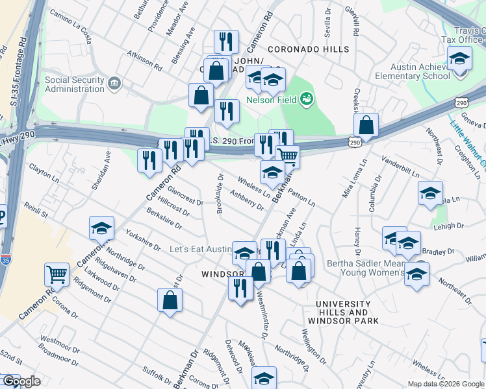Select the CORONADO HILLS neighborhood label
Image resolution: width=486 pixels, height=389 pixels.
307,49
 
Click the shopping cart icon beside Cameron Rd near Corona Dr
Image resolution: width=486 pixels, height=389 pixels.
57,274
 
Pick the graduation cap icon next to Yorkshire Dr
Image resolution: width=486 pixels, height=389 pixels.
101,228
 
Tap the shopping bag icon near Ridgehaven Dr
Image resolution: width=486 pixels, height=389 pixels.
170,300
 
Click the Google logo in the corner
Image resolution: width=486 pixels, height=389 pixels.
21,382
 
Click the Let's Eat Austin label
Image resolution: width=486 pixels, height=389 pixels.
201,250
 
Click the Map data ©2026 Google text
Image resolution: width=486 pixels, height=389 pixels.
444,384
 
